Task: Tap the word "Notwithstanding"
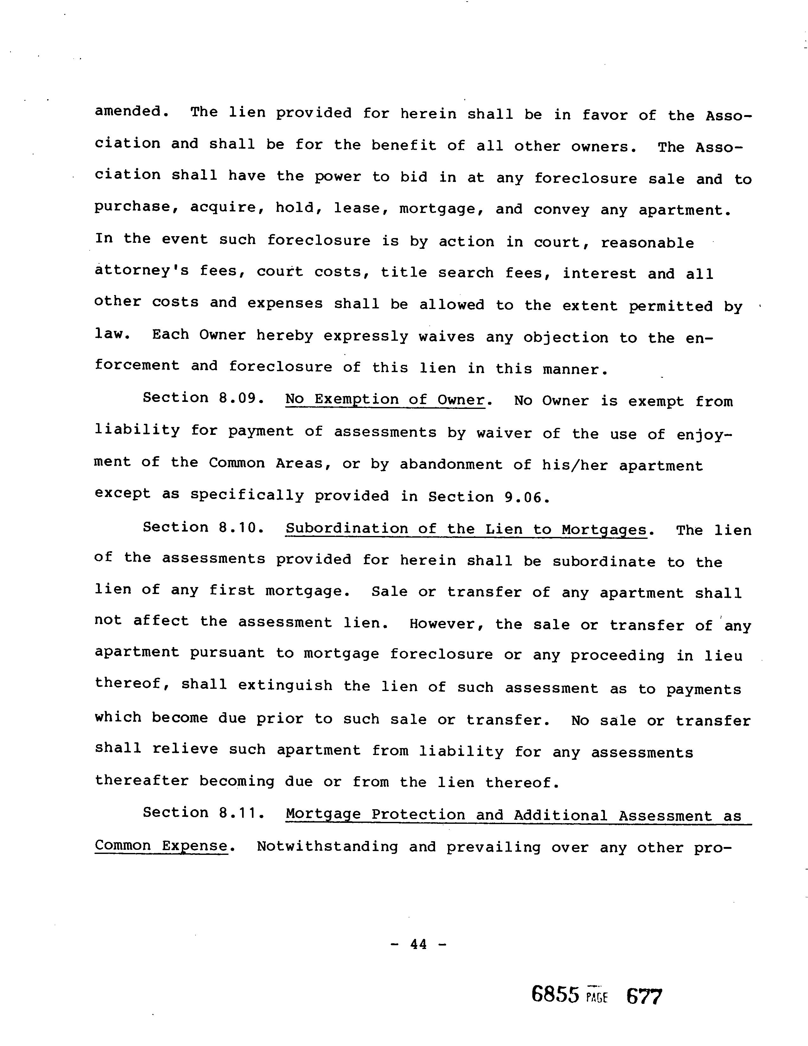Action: pos(327,846)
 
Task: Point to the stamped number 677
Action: pos(644,997)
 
